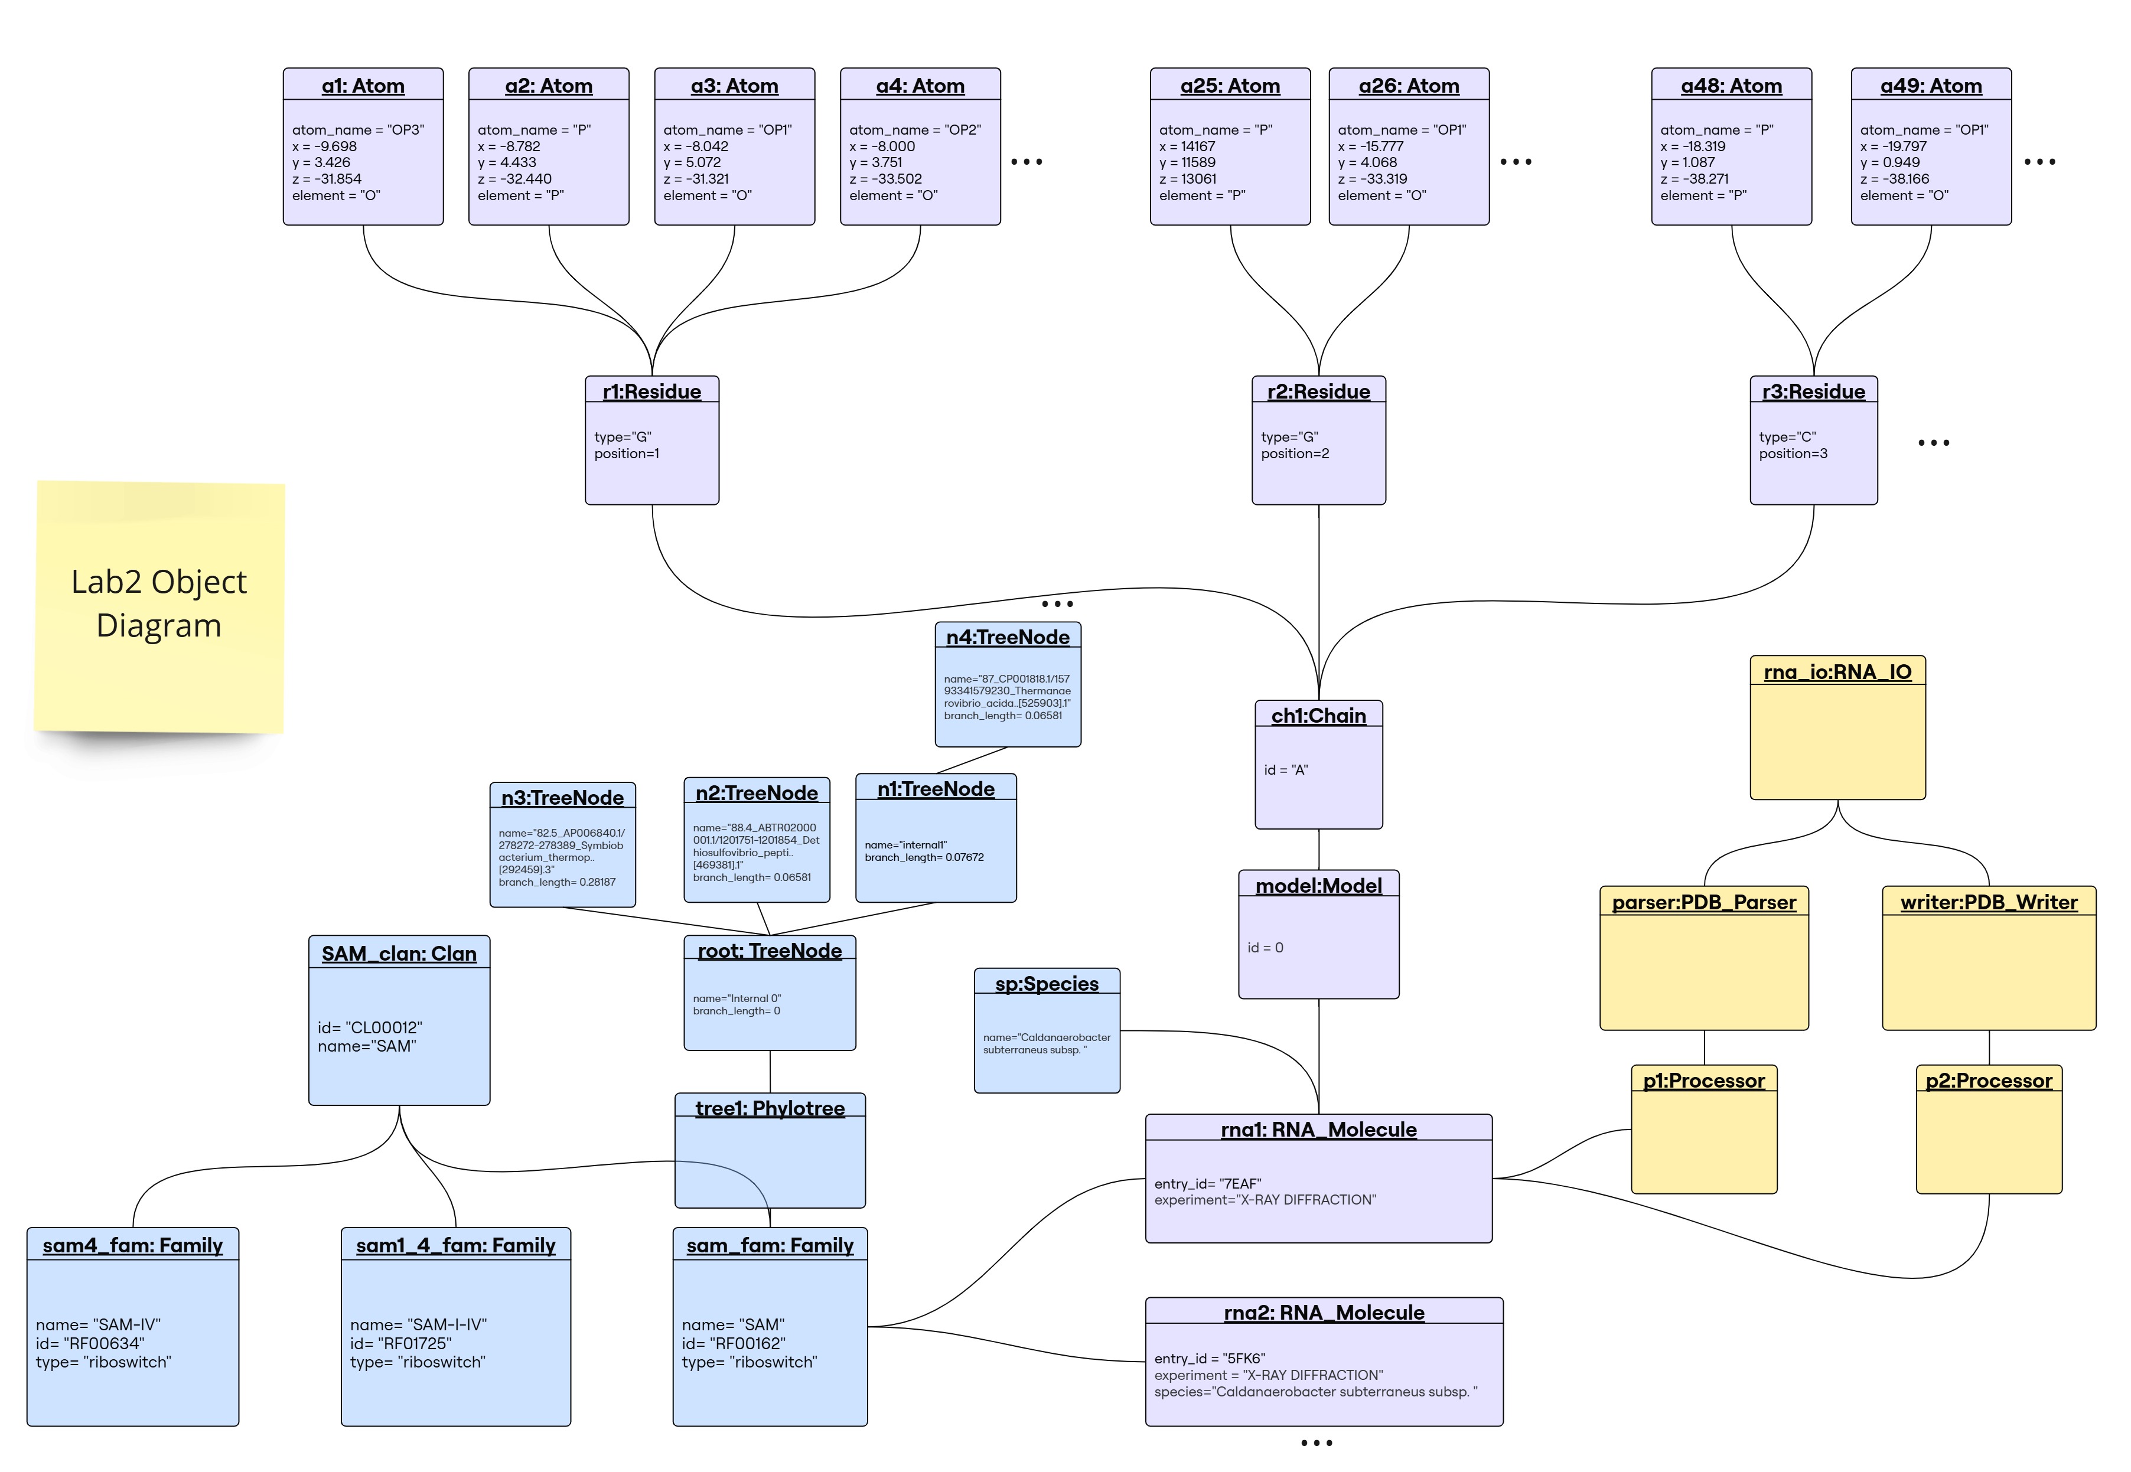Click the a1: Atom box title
363,86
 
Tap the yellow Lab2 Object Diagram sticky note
159,604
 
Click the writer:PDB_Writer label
1988,902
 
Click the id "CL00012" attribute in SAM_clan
369,1027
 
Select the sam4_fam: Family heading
133,1245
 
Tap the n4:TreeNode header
1008,637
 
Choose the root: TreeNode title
770,950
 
